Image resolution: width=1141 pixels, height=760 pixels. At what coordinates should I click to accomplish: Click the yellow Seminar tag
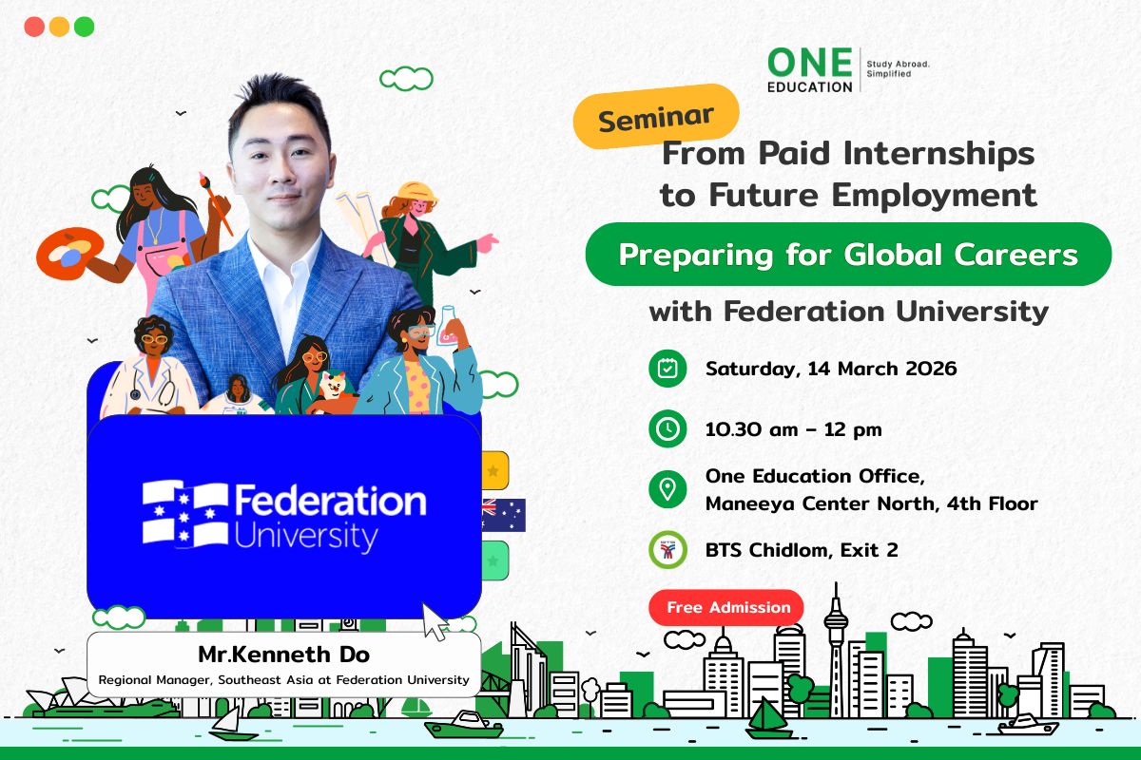(656, 117)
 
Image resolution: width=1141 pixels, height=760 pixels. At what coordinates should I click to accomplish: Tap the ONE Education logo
(810, 70)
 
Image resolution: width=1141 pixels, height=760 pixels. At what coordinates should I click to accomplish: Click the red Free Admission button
(727, 607)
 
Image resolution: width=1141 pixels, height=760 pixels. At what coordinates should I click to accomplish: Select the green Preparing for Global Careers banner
(847, 255)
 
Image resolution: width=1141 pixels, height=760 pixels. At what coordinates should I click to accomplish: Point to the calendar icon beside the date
(667, 369)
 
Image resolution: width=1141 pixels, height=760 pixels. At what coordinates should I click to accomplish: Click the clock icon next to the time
(667, 429)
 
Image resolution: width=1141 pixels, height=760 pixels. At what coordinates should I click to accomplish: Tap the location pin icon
(667, 489)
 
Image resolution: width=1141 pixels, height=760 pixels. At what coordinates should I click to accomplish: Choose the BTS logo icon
(667, 550)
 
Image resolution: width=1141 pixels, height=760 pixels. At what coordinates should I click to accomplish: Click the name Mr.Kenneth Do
(283, 655)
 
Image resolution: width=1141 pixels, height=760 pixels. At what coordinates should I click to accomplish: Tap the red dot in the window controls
(34, 27)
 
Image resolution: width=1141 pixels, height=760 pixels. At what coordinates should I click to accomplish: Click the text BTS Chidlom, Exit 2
(802, 549)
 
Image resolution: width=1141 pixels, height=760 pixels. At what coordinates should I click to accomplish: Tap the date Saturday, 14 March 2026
(831, 369)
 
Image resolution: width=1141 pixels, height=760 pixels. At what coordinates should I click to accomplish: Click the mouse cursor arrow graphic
(436, 621)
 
